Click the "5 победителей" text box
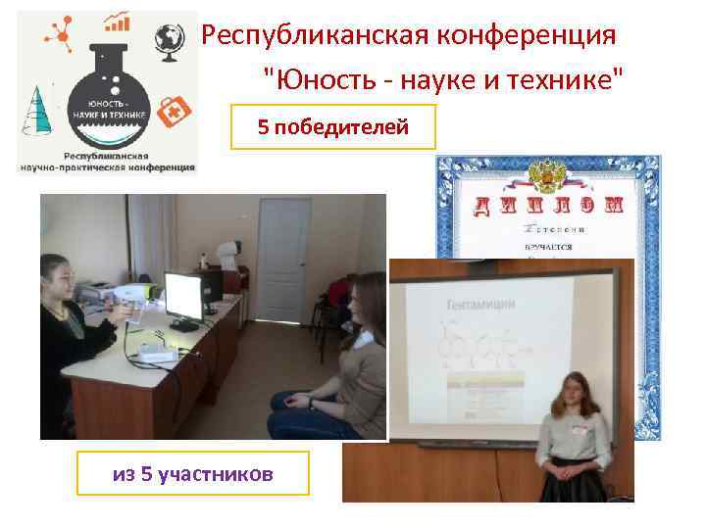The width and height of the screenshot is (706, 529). pos(332,126)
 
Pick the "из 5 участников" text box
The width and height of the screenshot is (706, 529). pos(193,474)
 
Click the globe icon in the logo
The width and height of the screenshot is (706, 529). pos(170,38)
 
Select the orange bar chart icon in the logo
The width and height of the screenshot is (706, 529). pos(120,21)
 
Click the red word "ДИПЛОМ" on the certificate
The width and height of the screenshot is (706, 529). pos(549,205)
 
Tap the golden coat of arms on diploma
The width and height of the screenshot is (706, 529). pos(545,174)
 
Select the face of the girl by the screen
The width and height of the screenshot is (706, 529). pos(570,397)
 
